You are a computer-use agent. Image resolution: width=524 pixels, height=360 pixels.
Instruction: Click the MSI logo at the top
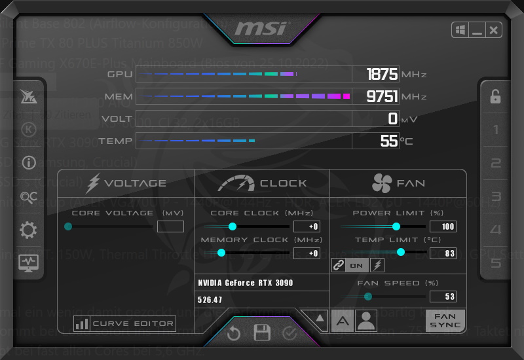click(x=261, y=29)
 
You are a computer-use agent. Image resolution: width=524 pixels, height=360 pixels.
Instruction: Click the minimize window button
click(x=477, y=30)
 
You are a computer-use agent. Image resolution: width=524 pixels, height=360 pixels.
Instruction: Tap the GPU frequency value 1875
click(x=381, y=75)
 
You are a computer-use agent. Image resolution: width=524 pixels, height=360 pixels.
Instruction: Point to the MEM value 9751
click(x=381, y=97)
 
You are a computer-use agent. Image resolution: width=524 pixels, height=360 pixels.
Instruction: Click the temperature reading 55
click(x=389, y=141)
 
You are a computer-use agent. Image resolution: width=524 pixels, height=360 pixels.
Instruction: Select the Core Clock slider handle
click(x=232, y=226)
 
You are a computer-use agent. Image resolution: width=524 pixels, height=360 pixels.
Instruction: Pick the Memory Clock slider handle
click(x=221, y=253)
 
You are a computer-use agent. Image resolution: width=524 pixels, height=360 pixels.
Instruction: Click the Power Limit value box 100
click(x=443, y=226)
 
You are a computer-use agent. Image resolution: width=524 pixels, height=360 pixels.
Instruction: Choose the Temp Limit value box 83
click(x=443, y=253)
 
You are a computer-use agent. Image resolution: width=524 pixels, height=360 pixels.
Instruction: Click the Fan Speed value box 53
click(x=443, y=297)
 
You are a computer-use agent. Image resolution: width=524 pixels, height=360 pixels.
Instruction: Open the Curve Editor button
click(x=124, y=323)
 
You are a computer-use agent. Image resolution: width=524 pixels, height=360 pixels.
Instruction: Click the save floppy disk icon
click(x=262, y=333)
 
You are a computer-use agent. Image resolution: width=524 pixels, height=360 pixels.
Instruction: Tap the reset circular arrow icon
click(x=234, y=334)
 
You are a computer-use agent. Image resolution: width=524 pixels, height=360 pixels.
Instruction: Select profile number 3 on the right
click(x=496, y=196)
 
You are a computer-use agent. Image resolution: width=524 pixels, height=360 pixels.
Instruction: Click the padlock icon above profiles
click(x=496, y=97)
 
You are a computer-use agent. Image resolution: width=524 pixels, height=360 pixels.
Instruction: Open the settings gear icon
click(x=29, y=230)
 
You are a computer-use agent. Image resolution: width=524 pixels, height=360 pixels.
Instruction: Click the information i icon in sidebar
click(x=29, y=163)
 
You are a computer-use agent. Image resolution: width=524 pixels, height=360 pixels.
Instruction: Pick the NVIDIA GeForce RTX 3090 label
click(x=246, y=283)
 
